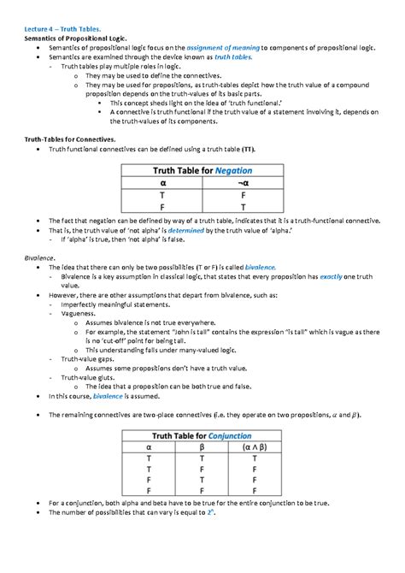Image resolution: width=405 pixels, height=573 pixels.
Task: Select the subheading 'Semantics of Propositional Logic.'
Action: (74, 39)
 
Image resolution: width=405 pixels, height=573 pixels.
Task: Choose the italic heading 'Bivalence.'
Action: (39, 257)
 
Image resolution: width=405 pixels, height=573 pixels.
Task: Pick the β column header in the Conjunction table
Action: (202, 446)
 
